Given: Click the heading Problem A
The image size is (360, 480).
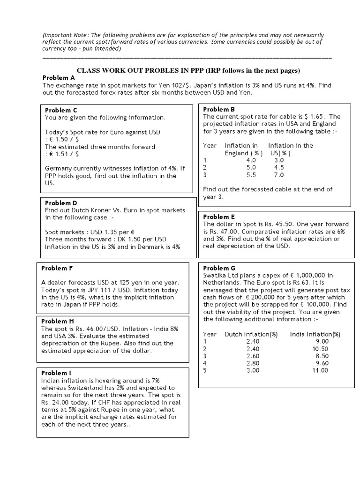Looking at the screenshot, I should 59,78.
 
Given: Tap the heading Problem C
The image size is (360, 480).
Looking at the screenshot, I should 61,110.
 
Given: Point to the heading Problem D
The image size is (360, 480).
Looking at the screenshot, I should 61,203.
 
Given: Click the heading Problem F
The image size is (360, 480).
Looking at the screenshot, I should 57,268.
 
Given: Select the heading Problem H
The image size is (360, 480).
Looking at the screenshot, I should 58,321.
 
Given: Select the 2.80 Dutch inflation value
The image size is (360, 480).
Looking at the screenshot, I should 252,363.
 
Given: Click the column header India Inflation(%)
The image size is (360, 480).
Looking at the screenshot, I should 315,334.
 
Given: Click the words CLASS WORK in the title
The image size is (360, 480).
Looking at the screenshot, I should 96,70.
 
